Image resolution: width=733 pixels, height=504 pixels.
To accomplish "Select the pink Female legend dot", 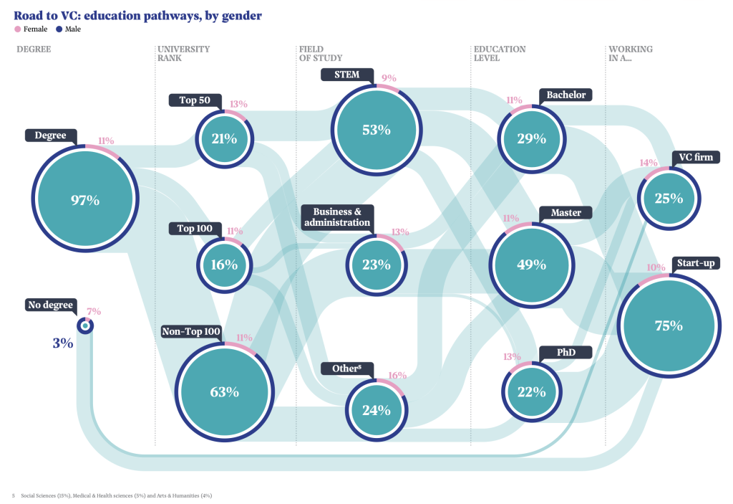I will (18, 29).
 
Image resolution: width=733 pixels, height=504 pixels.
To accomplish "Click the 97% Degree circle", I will (85, 200).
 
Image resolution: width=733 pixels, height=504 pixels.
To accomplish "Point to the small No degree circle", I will (85, 326).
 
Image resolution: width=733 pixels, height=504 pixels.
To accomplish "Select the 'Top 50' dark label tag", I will (195, 100).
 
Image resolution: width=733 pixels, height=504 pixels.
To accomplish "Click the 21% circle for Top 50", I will (224, 138).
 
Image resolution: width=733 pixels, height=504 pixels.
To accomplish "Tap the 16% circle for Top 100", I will (224, 265).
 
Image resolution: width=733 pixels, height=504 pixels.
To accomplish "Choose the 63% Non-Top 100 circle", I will (224, 392).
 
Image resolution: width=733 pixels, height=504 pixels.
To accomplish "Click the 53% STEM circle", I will (377, 130).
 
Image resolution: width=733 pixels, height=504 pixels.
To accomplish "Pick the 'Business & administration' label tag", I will (337, 217).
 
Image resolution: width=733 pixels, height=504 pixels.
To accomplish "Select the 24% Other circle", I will (377, 410).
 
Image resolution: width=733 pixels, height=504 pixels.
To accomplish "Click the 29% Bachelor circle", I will (532, 138).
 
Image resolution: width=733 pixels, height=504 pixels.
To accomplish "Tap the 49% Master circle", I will (532, 265).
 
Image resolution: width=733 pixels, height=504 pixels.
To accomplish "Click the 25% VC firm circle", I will (669, 199).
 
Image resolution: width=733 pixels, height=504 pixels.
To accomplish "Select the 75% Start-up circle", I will (669, 325).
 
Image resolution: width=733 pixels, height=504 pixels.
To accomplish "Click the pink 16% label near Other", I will (397, 375).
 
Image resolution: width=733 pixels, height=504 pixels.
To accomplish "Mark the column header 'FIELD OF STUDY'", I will (321, 54).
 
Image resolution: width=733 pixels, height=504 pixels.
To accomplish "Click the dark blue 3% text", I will (63, 343).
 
